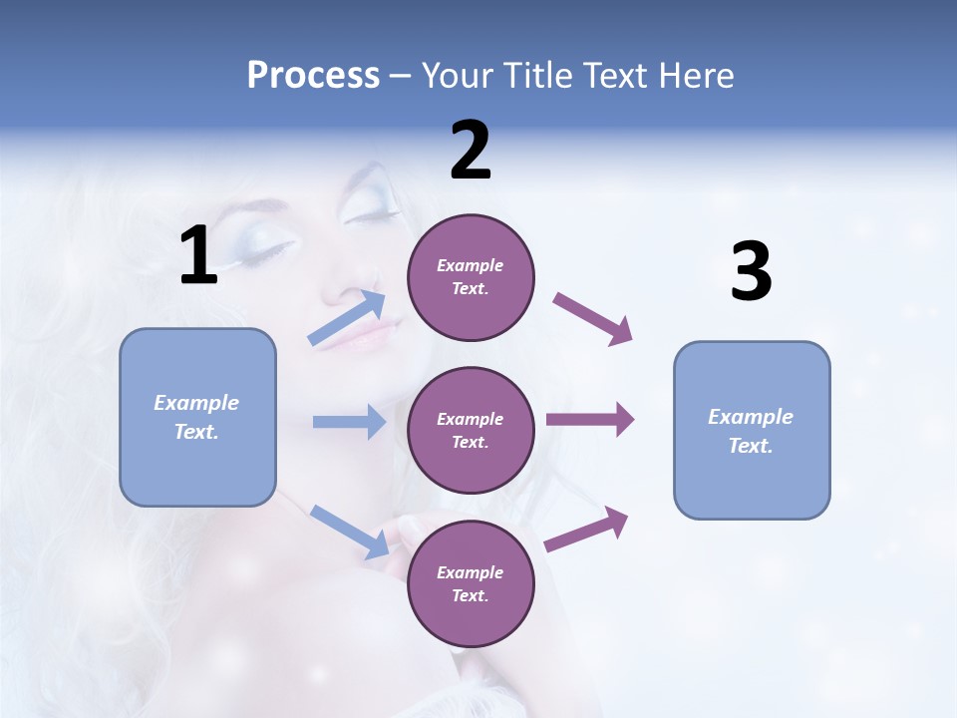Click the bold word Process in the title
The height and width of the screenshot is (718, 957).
[x=313, y=76]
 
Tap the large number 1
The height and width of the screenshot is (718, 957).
[x=198, y=256]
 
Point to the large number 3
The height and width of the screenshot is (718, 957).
[x=751, y=273]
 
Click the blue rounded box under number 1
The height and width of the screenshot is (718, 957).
[x=197, y=417]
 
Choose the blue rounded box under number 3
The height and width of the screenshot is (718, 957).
[x=752, y=430]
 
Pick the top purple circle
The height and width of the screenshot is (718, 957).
[x=471, y=277]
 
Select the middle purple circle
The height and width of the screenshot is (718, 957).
[x=471, y=430]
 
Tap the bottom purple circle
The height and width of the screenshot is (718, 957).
[x=471, y=583]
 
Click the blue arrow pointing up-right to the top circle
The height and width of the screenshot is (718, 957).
[x=347, y=318]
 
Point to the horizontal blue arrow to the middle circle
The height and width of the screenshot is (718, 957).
[x=349, y=422]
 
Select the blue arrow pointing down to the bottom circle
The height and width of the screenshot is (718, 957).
[x=349, y=531]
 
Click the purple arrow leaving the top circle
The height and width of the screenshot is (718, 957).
[x=593, y=318]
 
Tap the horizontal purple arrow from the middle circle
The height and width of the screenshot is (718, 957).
[x=589, y=420]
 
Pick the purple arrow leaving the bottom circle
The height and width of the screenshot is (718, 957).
[x=586, y=529]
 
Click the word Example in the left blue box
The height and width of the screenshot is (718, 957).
[x=196, y=403]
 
